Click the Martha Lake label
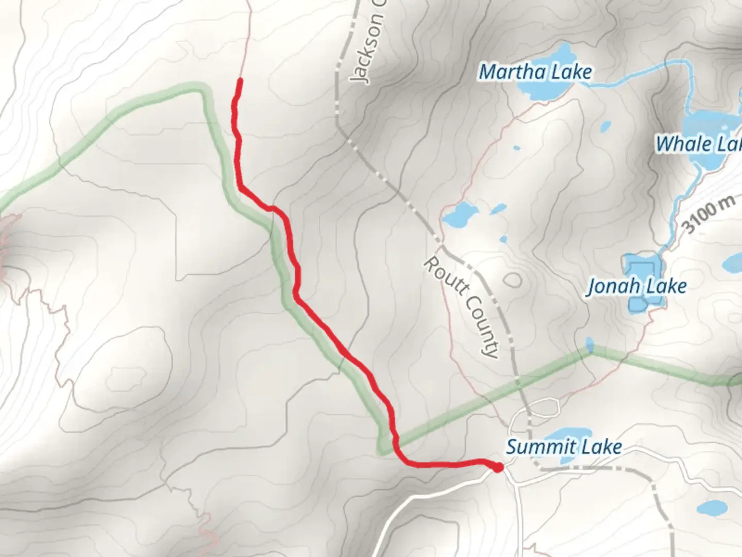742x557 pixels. [x=535, y=72]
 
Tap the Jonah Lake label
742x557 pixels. [x=637, y=286]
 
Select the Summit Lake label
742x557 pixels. [x=564, y=447]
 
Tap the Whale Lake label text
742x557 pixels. [x=698, y=143]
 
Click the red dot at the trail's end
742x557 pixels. [x=498, y=468]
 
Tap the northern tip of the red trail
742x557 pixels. [x=240, y=80]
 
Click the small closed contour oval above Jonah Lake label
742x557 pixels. [x=512, y=280]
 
